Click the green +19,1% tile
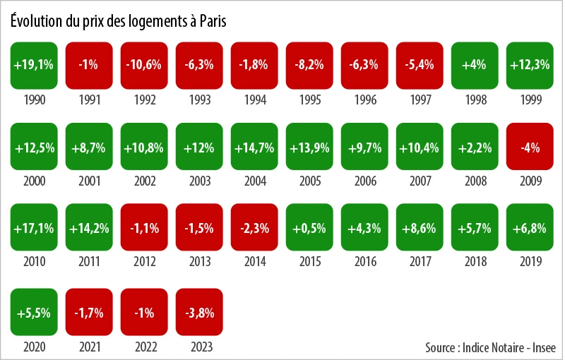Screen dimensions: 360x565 (34, 64)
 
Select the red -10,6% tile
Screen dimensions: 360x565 (144, 64)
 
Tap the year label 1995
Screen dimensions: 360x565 (309, 100)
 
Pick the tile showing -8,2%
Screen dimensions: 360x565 (309, 64)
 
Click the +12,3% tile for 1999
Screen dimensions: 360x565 (530, 64)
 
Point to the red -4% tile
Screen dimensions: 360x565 (530, 147)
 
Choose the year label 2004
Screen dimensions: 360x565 (254, 181)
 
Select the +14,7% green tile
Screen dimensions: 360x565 (254, 147)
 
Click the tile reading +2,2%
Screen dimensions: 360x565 (475, 147)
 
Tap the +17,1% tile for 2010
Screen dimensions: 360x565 (34, 228)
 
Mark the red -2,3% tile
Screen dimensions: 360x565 (254, 228)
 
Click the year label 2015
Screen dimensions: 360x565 (309, 263)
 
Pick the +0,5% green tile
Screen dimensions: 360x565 (309, 228)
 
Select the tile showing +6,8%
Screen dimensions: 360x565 (530, 228)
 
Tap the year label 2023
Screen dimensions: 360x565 (199, 347)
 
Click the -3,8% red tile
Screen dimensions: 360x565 (199, 311)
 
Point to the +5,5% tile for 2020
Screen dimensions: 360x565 (34, 311)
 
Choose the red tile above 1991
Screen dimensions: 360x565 (89, 64)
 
